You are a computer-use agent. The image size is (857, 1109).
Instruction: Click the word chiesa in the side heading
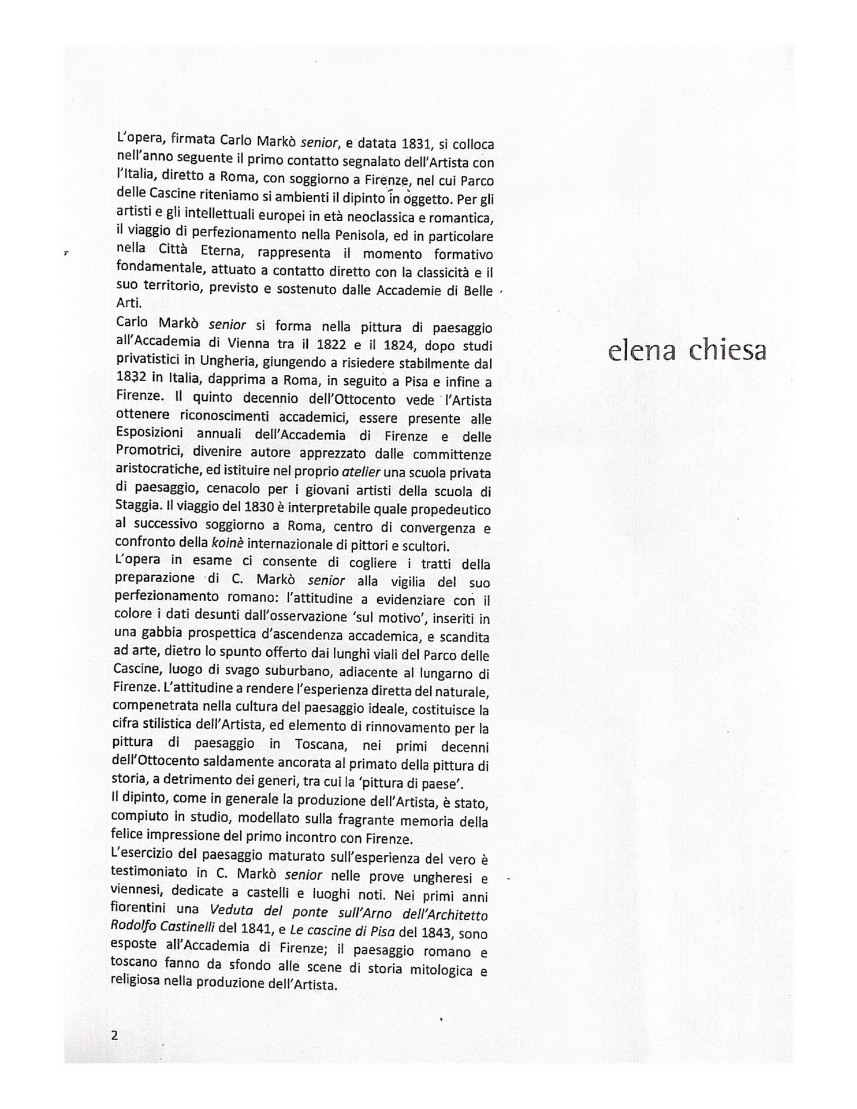[x=728, y=351]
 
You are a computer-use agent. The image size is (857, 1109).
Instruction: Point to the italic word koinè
[x=226, y=544]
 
